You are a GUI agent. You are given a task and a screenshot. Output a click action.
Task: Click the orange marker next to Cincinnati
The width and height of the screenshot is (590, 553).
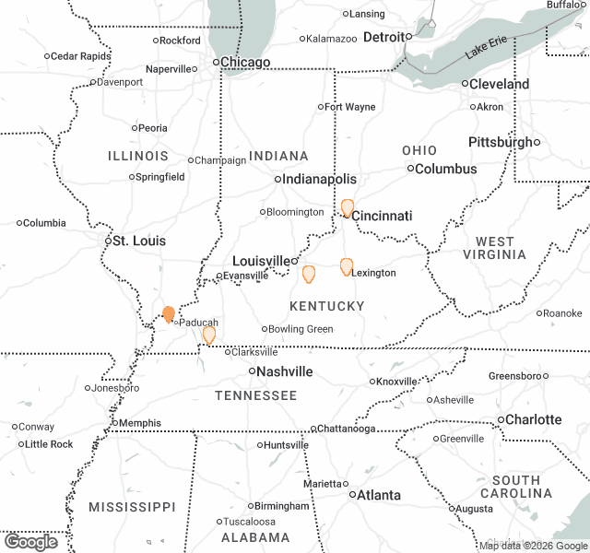pyautogui.click(x=347, y=208)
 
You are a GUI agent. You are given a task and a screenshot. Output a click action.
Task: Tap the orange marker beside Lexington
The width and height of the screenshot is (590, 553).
pyautogui.click(x=347, y=267)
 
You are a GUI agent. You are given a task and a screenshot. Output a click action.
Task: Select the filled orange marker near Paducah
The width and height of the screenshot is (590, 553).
pyautogui.click(x=169, y=314)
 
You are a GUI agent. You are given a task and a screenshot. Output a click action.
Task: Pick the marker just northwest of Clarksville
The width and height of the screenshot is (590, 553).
pyautogui.click(x=209, y=335)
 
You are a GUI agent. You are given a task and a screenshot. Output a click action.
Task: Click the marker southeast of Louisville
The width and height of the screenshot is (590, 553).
pyautogui.click(x=309, y=274)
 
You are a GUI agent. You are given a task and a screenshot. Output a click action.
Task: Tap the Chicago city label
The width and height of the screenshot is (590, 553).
pyautogui.click(x=246, y=63)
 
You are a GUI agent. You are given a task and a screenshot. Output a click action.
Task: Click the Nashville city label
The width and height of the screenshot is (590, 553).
pyautogui.click(x=285, y=371)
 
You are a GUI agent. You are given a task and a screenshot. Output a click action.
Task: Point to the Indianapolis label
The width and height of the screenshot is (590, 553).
pyautogui.click(x=320, y=179)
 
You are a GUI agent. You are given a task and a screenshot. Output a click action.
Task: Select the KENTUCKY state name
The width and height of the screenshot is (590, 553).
pyautogui.click(x=326, y=306)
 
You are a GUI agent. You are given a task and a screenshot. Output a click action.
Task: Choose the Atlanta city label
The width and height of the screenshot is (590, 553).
pyautogui.click(x=379, y=495)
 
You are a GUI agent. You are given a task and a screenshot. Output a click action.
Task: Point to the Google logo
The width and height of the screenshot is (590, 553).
pyautogui.click(x=29, y=542)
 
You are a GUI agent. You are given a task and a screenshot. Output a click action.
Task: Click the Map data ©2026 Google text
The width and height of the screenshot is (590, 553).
pyautogui.click(x=532, y=546)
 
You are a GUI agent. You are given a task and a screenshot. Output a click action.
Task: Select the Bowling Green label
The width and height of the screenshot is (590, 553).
pyautogui.click(x=301, y=329)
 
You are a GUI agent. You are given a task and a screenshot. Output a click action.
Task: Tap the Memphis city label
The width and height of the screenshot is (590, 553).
pyautogui.click(x=139, y=423)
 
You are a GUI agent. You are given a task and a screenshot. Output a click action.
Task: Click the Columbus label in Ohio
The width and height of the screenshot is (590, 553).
pyautogui.click(x=446, y=169)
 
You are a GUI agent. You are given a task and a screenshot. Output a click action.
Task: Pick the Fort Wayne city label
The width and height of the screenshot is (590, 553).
pyautogui.click(x=351, y=107)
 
